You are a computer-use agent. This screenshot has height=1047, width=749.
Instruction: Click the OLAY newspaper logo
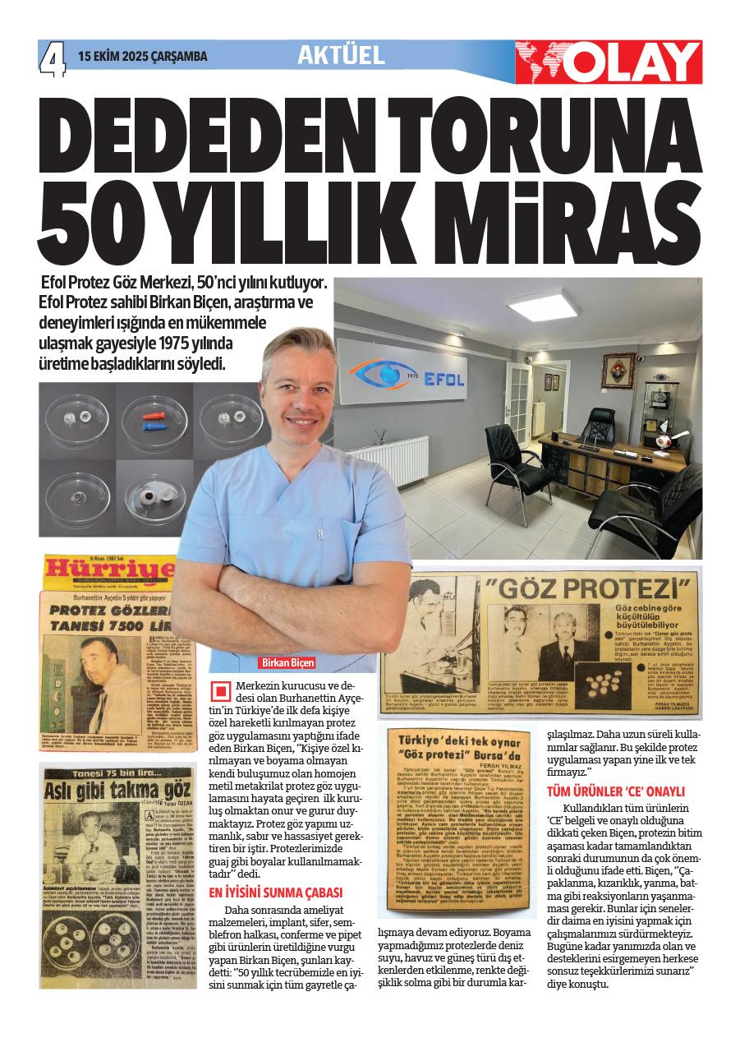(609, 62)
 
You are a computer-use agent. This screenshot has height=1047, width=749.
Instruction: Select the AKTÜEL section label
(341, 55)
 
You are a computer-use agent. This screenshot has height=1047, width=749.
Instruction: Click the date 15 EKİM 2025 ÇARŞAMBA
(143, 57)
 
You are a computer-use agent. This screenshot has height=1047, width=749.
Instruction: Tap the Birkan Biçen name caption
(287, 662)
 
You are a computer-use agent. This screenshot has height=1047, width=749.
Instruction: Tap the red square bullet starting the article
(221, 690)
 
